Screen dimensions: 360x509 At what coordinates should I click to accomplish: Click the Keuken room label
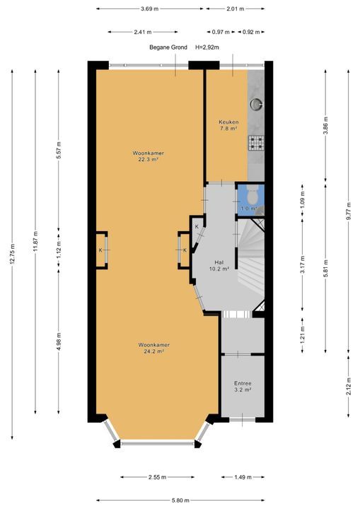(x=228, y=122)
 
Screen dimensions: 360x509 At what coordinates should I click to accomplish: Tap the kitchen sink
(x=256, y=104)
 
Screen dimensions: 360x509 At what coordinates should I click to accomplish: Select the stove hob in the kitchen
(x=256, y=143)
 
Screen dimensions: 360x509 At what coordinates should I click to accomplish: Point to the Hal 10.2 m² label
(x=219, y=265)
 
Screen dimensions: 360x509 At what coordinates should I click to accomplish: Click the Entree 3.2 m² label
(x=243, y=386)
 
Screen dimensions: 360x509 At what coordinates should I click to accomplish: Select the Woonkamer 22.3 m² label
(x=148, y=156)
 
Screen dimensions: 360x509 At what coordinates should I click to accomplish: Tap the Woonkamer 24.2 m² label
(x=154, y=348)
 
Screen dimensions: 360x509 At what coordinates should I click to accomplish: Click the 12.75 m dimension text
(x=12, y=254)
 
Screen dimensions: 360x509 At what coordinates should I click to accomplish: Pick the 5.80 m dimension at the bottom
(x=180, y=501)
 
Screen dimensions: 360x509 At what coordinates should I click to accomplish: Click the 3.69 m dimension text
(x=150, y=8)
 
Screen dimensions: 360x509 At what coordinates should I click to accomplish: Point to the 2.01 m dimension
(x=236, y=8)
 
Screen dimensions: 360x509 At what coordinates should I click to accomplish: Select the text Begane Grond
(x=168, y=47)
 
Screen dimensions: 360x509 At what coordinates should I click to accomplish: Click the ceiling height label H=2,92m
(x=207, y=47)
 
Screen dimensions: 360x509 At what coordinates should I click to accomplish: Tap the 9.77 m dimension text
(x=349, y=211)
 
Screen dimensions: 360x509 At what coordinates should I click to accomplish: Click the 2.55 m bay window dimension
(x=157, y=477)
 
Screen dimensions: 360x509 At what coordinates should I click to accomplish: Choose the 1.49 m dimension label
(x=243, y=477)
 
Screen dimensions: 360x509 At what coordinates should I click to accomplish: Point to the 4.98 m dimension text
(x=59, y=341)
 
